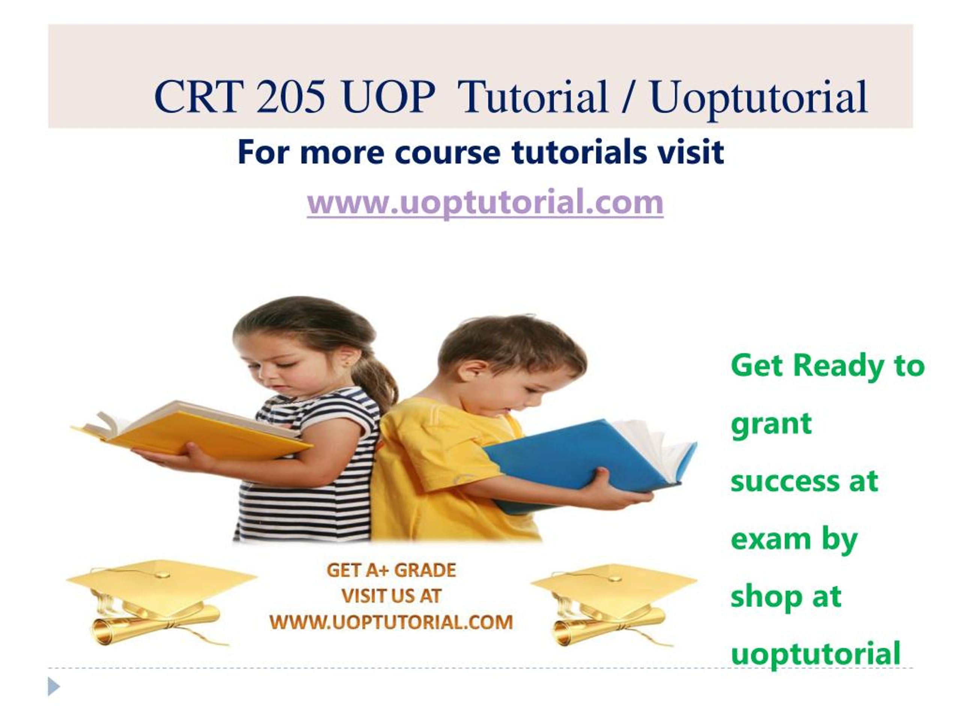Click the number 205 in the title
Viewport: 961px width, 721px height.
pos(291,97)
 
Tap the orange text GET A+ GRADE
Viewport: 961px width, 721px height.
pos(391,570)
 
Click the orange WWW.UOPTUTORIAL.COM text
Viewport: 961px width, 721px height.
pos(391,622)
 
